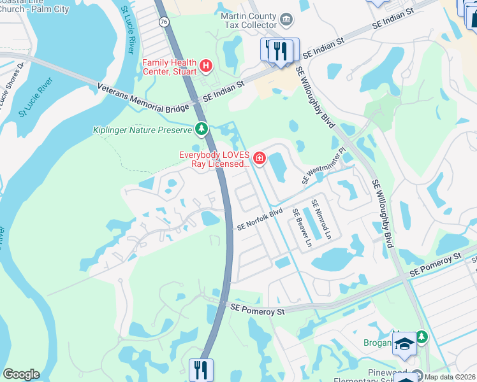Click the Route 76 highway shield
click(164, 22)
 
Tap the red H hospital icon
click(205, 64)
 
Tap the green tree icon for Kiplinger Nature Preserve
click(202, 130)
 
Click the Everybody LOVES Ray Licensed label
click(214, 159)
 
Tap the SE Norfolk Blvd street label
click(260, 220)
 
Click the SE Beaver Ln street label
click(301, 228)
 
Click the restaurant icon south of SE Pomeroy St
click(201, 370)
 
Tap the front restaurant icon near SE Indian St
click(280, 50)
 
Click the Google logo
click(21, 374)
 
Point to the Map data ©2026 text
click(450, 377)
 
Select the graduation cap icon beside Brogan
click(404, 344)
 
